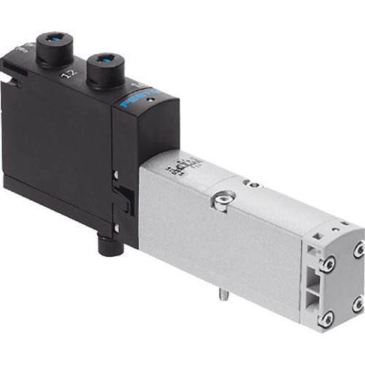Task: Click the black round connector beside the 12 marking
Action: (55, 47)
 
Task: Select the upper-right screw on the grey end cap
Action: (358, 250)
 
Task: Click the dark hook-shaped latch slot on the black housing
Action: (124, 196)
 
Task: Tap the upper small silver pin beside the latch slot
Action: (116, 174)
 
